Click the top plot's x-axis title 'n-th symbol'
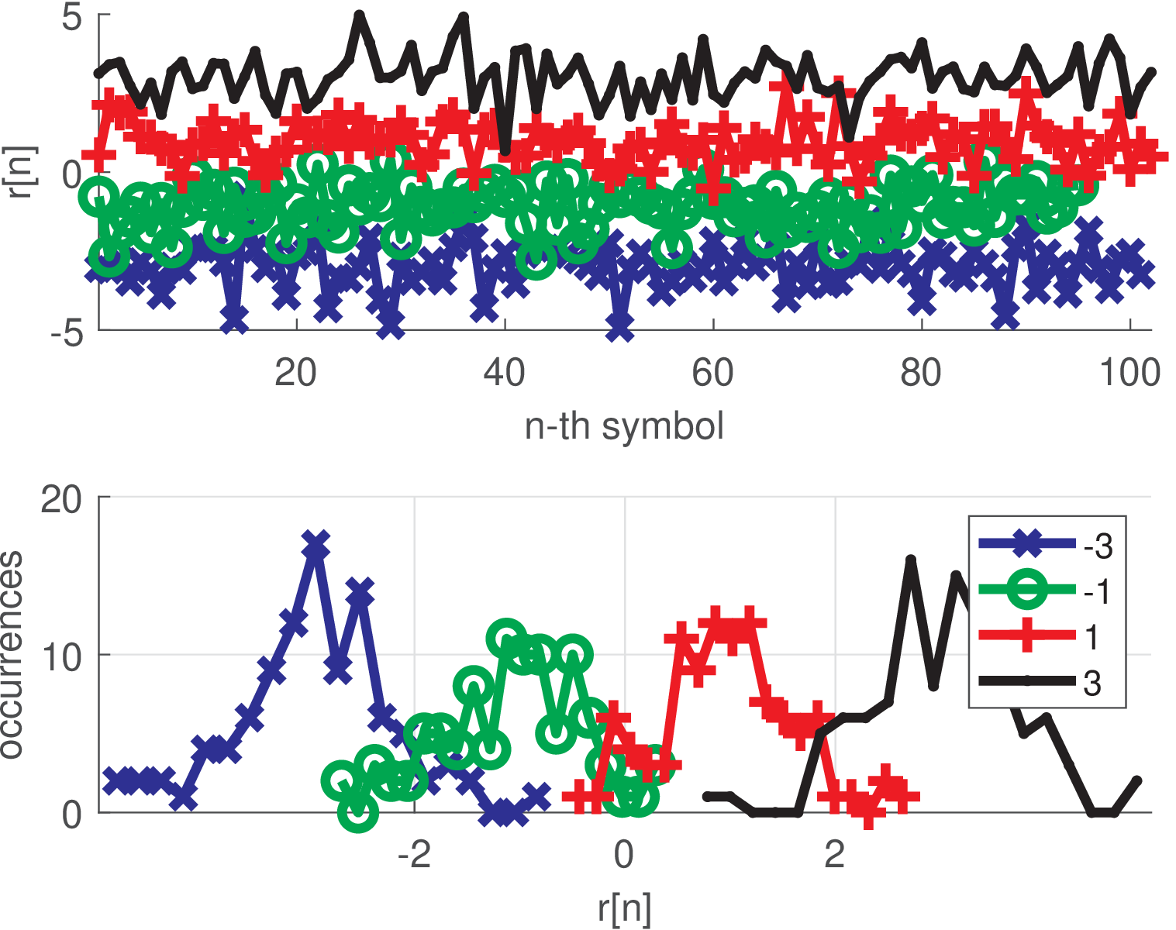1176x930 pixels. coord(624,427)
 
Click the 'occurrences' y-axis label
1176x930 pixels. coord(12,655)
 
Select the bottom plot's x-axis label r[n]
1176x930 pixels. coord(624,908)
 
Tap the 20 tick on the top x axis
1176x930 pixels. coord(295,374)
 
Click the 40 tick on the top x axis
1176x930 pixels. coord(504,374)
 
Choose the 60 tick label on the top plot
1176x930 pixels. coord(712,374)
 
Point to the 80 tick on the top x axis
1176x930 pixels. coord(921,374)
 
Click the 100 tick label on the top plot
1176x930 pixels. coord(1129,374)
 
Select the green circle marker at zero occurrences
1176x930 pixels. coord(358,811)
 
